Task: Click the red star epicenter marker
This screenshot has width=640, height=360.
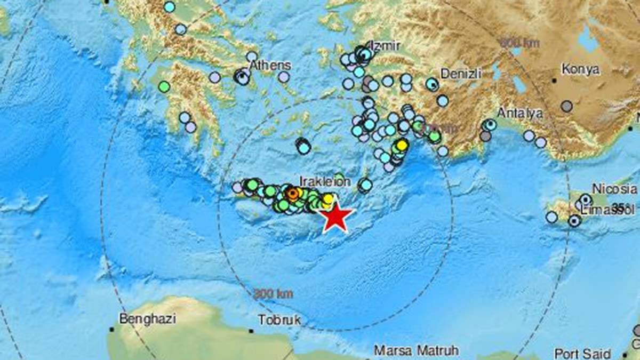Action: pos(336,217)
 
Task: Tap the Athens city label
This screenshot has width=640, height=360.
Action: pos(271,66)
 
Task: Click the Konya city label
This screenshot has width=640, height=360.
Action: pos(580,70)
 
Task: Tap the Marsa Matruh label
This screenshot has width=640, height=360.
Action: pos(416,350)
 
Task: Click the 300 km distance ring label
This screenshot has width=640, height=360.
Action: pos(273,293)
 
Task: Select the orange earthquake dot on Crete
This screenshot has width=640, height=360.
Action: pos(292,194)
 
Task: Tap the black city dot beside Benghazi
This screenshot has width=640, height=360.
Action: pos(111,330)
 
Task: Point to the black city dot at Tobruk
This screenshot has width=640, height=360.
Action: pos(251,331)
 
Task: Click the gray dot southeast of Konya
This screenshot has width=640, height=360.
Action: pos(566,106)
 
